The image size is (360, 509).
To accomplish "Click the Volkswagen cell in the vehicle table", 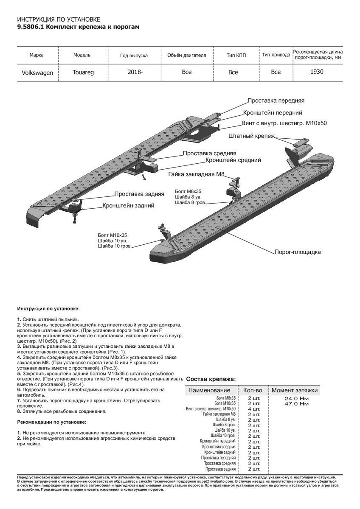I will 37,73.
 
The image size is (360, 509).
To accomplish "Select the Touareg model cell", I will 83,72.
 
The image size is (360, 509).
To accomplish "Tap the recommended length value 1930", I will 317,72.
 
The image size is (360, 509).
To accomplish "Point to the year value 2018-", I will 135,72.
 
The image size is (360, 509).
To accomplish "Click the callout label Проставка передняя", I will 276,101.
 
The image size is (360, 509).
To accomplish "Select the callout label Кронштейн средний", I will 233,160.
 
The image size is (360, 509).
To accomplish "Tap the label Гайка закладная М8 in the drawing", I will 196,174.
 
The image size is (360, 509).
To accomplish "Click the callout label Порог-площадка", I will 298,252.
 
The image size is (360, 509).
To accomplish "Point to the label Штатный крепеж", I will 251,136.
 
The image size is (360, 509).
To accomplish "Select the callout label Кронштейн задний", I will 128,205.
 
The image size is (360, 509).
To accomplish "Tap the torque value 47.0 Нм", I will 297,404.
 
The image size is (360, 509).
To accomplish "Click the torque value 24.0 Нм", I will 297,398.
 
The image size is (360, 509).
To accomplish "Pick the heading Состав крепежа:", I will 211,379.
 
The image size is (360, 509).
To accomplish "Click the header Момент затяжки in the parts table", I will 294,390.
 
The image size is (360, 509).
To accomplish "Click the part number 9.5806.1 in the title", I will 30,27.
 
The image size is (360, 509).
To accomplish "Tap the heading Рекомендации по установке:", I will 51,422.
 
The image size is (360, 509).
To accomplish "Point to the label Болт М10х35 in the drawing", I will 112,235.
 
